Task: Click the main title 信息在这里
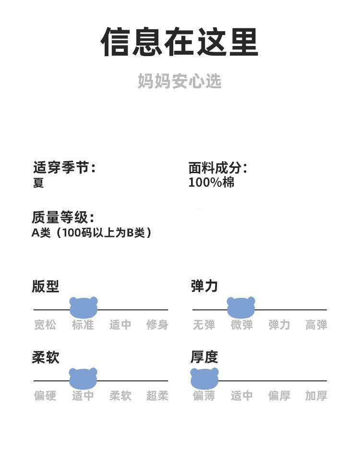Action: click(180, 42)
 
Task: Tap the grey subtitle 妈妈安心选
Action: click(180, 81)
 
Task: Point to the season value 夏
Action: click(38, 183)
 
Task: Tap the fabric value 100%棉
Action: click(211, 182)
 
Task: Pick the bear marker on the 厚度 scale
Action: click(204, 378)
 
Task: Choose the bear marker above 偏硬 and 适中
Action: click(83, 378)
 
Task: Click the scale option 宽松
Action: click(45, 325)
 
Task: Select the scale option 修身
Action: click(157, 325)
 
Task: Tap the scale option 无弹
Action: click(204, 325)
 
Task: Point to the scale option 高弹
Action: click(316, 325)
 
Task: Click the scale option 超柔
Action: click(157, 396)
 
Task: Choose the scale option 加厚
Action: click(316, 396)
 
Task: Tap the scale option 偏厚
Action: click(279, 396)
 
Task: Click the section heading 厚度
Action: click(204, 357)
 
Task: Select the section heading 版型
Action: click(45, 286)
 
